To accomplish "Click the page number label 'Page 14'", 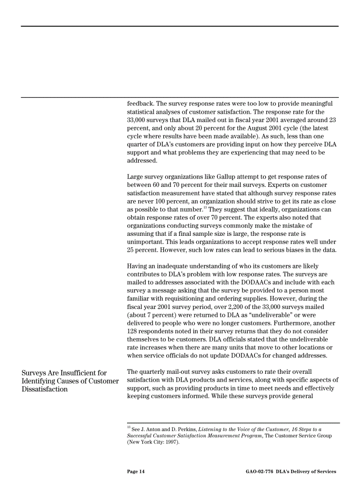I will coord(135,472).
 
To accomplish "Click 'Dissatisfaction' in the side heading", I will coord(45,389).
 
